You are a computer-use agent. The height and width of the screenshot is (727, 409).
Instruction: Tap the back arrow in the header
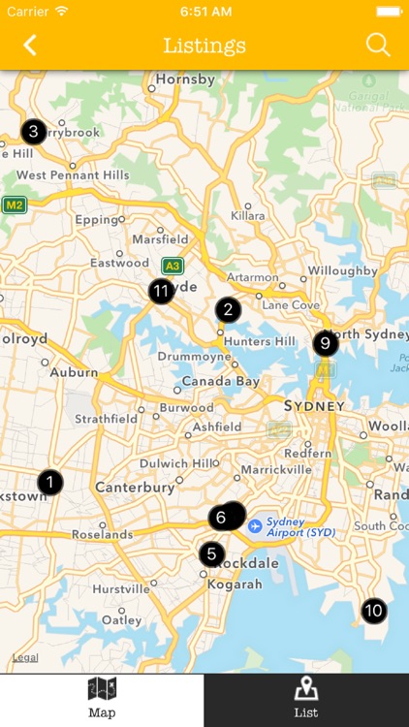(x=30, y=45)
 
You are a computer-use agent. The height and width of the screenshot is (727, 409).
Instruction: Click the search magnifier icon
(x=377, y=45)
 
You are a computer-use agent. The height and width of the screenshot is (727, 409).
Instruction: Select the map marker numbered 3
(x=33, y=131)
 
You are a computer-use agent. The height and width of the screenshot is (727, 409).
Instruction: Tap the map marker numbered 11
(x=161, y=290)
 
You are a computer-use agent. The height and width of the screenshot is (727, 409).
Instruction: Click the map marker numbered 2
(x=228, y=310)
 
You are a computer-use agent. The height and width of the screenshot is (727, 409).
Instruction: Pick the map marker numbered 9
(x=326, y=342)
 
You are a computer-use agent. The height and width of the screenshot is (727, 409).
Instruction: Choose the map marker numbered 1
(x=49, y=481)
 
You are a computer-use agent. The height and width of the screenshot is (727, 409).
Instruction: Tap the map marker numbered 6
(x=222, y=517)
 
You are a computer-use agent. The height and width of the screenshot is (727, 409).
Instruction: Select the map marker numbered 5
(x=211, y=554)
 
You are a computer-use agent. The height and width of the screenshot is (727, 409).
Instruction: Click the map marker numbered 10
(x=373, y=611)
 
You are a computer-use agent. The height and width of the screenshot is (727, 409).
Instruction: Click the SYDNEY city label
(x=314, y=405)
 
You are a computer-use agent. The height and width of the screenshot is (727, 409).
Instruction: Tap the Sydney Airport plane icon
(x=255, y=525)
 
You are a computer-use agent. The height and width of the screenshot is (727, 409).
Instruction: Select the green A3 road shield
(x=173, y=265)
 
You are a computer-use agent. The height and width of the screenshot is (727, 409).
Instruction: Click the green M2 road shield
(x=14, y=205)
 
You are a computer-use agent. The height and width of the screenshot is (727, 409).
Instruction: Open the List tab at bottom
(x=306, y=700)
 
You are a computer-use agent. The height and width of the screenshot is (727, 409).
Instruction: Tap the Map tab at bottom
(x=102, y=700)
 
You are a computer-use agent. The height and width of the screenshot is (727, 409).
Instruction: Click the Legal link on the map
(x=25, y=658)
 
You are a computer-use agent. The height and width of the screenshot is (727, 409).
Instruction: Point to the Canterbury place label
(x=135, y=487)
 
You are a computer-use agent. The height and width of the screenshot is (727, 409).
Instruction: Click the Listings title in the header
(x=204, y=46)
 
